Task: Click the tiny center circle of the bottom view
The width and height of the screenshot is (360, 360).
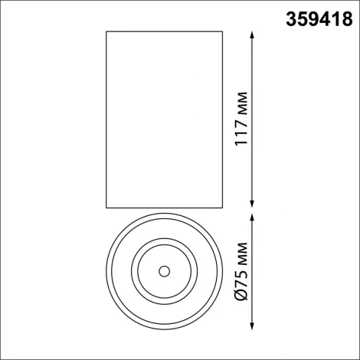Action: [x=163, y=270]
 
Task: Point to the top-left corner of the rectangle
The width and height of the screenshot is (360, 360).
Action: [x=106, y=32]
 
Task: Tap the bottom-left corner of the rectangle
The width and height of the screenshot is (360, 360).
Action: [x=106, y=207]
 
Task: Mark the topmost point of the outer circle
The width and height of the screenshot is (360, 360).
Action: [x=163, y=214]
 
